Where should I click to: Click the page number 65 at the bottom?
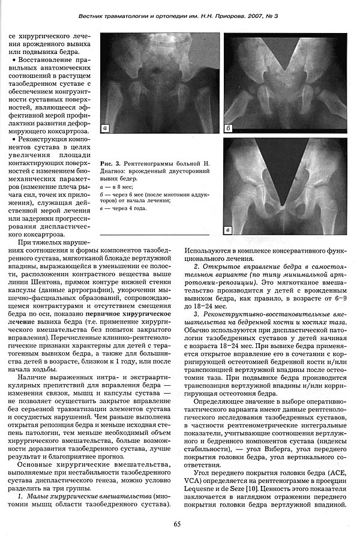[178, 524]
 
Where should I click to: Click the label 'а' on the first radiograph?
[106, 128]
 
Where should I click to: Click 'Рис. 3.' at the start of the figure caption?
[112, 163]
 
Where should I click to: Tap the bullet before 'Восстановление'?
[11, 60]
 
